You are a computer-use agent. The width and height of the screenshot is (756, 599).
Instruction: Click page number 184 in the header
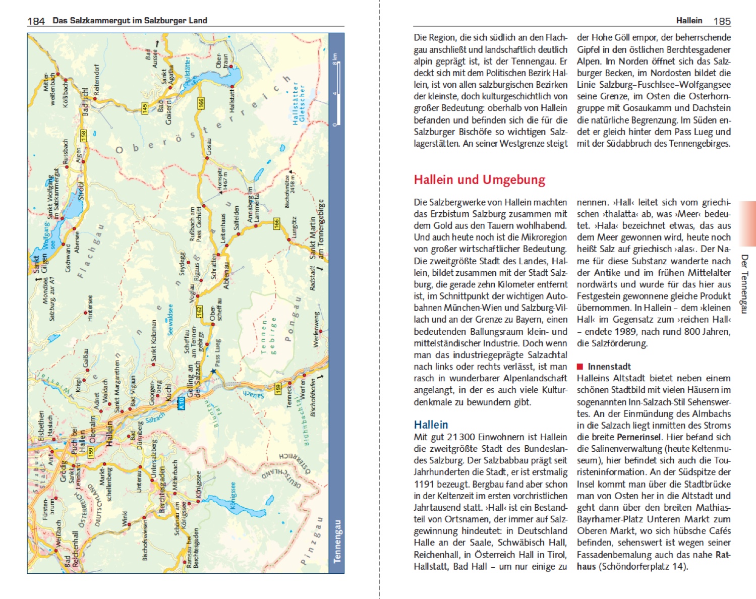tap(36, 21)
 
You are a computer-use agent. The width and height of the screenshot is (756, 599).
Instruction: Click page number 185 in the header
tap(722, 21)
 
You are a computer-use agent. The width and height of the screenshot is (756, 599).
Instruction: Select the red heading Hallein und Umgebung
tap(479, 180)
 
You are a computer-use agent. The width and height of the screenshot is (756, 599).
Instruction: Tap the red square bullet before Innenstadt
tap(580, 367)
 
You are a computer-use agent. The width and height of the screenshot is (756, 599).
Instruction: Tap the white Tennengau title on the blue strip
tap(337, 541)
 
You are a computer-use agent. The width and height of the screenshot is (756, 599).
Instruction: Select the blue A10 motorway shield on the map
tap(181, 404)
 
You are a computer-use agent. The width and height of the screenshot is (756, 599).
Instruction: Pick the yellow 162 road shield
tap(199, 312)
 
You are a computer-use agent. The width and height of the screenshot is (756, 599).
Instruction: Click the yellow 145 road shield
tap(145, 108)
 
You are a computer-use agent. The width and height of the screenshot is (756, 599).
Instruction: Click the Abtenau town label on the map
tap(226, 275)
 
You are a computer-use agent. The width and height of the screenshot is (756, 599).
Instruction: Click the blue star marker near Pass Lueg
tap(213, 372)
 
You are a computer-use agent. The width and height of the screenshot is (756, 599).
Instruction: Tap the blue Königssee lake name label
tap(232, 497)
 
